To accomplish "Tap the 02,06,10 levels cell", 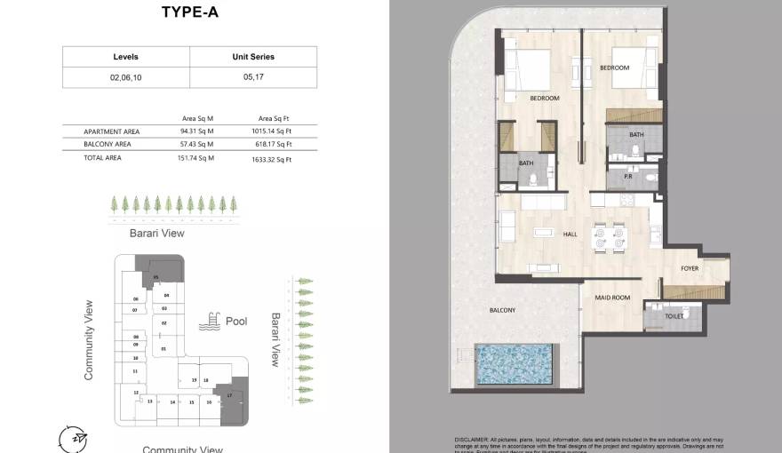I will [x=125, y=77].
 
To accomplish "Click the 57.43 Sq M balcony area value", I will [x=197, y=144].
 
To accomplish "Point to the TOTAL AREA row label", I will [x=102, y=157].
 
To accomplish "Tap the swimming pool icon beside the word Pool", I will [x=211, y=321].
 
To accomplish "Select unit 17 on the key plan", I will [x=229, y=394].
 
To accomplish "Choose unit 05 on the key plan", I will [x=156, y=278].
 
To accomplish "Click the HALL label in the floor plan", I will [x=570, y=234].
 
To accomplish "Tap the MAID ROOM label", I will [x=611, y=298].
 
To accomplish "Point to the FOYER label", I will [x=690, y=268].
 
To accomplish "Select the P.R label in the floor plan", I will [x=626, y=176].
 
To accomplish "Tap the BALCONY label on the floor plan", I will [x=502, y=310].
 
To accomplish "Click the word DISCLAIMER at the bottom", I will [x=472, y=440].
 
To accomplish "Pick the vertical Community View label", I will [x=89, y=340].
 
